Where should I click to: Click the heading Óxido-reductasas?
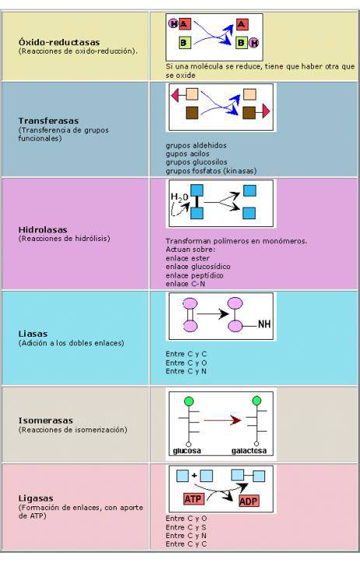coord(59,42)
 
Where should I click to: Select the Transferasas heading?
coord(48,121)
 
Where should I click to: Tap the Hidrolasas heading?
coord(43,229)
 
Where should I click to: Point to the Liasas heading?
coord(33,334)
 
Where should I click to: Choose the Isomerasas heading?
coord(46,421)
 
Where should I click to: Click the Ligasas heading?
coord(36,498)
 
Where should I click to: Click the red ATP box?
coord(193,498)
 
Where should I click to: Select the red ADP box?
coord(249,501)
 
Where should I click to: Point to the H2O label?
coord(180,198)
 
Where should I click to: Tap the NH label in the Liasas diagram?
coord(264,324)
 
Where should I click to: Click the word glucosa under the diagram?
coord(187,451)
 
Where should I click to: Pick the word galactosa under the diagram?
coord(249,451)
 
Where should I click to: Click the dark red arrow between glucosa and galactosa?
coord(222,421)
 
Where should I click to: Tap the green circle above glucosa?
coord(189,401)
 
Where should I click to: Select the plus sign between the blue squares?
coord(194,475)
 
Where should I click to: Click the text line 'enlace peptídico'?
coord(194,275)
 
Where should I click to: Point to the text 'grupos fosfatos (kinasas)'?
coord(211,171)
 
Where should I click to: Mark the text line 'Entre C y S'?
coord(186,527)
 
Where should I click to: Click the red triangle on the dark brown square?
coord(266,111)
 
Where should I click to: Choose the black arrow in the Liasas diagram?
coord(213,313)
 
